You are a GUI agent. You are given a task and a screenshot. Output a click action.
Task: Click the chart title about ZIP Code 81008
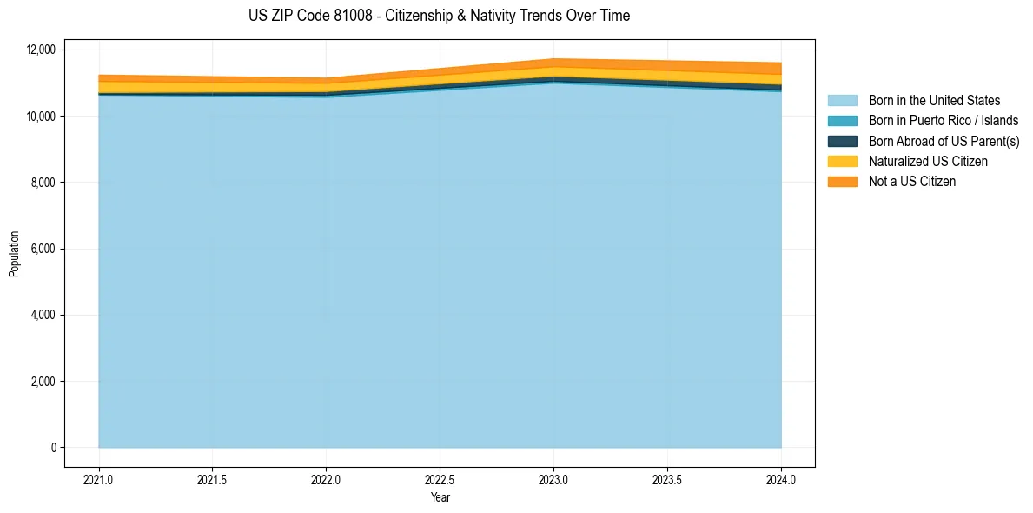(x=439, y=16)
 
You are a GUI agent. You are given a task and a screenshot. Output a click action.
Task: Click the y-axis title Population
(x=14, y=254)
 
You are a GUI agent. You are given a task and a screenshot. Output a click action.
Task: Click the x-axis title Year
(x=440, y=497)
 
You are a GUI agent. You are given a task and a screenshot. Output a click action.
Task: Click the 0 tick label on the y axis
(x=53, y=448)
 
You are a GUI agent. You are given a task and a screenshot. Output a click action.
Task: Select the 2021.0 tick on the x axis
(x=98, y=479)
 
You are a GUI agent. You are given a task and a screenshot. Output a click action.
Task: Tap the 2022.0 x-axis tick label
(x=326, y=479)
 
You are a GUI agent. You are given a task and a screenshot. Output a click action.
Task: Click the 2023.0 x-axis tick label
(x=553, y=479)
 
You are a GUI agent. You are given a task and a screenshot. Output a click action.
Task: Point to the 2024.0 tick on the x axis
(x=781, y=479)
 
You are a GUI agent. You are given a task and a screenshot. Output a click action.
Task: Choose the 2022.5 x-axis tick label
(x=440, y=479)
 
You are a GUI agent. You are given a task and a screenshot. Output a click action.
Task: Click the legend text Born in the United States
(x=934, y=101)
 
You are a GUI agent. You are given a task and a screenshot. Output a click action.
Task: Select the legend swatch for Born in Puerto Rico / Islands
(x=842, y=121)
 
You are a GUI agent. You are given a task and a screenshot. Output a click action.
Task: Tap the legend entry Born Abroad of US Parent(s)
(x=944, y=141)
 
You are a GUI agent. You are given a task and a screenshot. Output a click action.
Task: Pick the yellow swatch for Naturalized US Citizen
(x=842, y=161)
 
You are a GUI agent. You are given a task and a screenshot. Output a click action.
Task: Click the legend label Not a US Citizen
(x=911, y=182)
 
